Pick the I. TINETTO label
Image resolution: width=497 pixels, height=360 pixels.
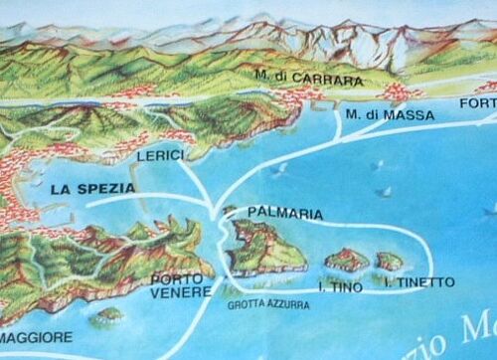tap(418, 282)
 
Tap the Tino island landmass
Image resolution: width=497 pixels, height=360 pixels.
tap(347, 261)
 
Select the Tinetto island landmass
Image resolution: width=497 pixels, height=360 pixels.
tap(389, 262)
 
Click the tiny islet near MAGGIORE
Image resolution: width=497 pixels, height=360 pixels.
tap(110, 315)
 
